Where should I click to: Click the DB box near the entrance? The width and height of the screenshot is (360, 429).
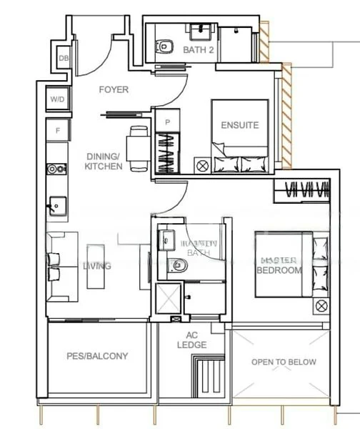(x=64, y=58)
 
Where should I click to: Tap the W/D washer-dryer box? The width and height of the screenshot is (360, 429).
(x=57, y=99)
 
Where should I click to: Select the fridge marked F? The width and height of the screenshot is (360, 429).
(x=57, y=130)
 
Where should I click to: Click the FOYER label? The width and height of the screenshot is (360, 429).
(x=114, y=89)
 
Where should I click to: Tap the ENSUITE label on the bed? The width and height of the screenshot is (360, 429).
(x=239, y=125)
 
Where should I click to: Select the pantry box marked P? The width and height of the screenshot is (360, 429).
(x=167, y=122)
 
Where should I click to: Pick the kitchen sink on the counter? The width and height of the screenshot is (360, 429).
(x=56, y=204)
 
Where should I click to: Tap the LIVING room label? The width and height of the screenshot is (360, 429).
(x=96, y=266)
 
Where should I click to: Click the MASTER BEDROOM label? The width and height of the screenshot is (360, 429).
(x=279, y=265)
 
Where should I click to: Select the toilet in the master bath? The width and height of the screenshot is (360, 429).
(x=179, y=265)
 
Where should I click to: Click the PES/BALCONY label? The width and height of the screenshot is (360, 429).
(x=97, y=356)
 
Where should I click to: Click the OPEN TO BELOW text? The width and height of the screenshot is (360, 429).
(x=284, y=362)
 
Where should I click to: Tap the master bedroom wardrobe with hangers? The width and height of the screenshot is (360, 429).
(x=303, y=190)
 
